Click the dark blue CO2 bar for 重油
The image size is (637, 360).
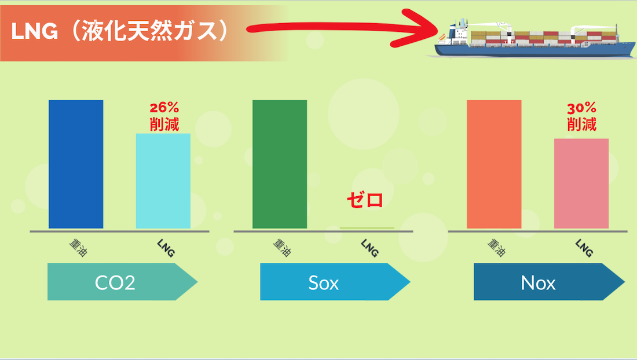point(76,164)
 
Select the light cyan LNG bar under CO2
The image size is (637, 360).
point(163,181)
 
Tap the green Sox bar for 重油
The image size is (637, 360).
point(280,164)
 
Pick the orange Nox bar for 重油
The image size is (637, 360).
point(494,164)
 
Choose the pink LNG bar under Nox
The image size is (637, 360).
point(581,183)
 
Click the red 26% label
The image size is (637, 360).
point(164,108)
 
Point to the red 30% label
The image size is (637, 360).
point(582,108)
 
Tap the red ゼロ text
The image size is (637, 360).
point(365,200)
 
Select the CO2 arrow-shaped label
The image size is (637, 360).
point(122,282)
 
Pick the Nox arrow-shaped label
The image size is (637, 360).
point(549,282)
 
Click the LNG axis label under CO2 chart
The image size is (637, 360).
point(166,248)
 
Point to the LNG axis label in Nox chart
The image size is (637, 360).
point(584,248)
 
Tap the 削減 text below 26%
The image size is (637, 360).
point(164,124)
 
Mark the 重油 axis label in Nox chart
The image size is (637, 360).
point(497,248)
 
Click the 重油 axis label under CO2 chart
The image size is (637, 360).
point(79,248)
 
